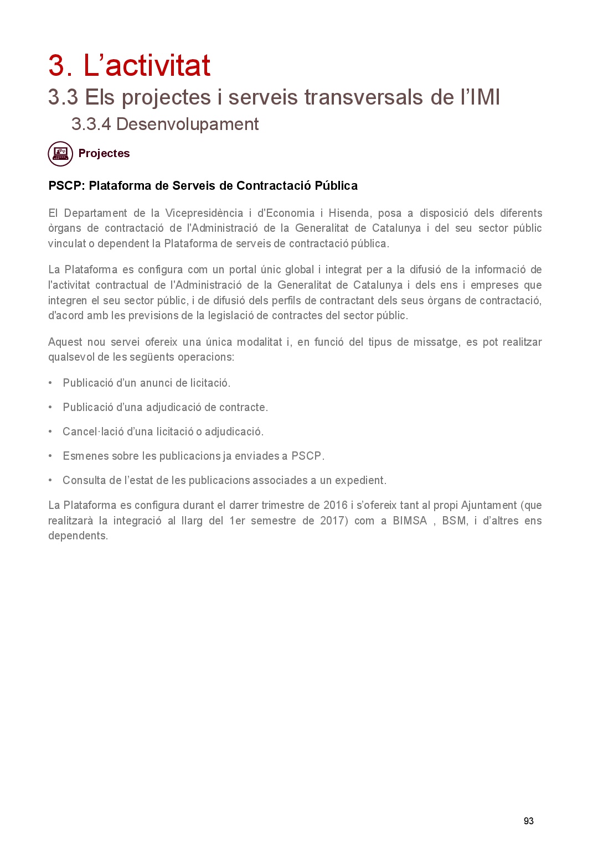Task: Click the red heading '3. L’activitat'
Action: [x=129, y=65]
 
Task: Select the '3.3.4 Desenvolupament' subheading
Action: [x=164, y=124]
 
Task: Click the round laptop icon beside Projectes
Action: [x=60, y=154]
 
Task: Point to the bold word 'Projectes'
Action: [x=104, y=153]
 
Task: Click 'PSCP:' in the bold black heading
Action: [x=66, y=185]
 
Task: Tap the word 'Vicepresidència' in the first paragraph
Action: [x=204, y=213]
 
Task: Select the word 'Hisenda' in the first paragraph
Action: [x=349, y=213]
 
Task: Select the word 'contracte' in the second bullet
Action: [x=243, y=407]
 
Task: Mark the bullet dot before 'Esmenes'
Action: [x=50, y=456]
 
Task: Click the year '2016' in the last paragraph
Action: [x=335, y=505]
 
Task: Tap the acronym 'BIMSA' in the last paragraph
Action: [x=410, y=521]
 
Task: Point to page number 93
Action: [x=528, y=821]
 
